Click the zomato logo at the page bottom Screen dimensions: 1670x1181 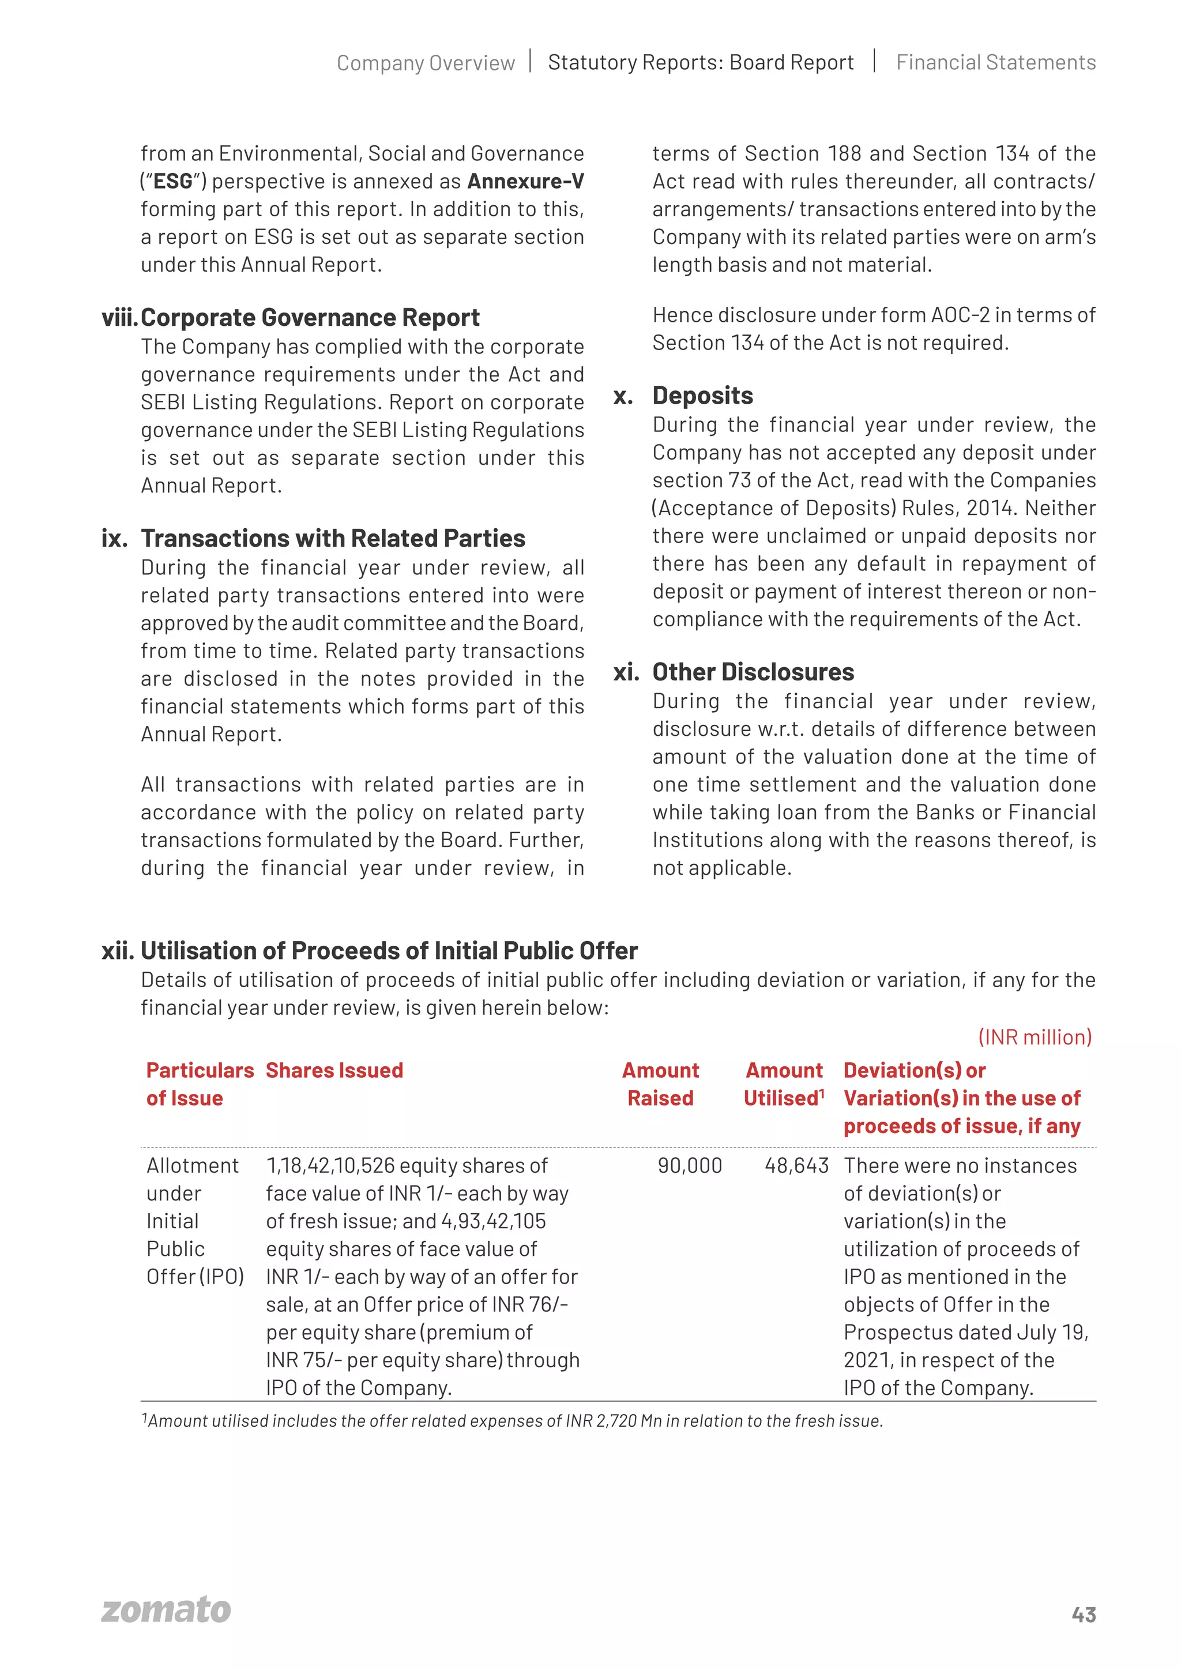pyautogui.click(x=166, y=1611)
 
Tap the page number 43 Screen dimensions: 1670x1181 pyautogui.click(x=1084, y=1615)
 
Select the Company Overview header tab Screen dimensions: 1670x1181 pyautogui.click(x=426, y=63)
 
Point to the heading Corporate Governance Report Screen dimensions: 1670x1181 pyautogui.click(x=310, y=318)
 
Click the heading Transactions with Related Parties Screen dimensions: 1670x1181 pyautogui.click(x=333, y=538)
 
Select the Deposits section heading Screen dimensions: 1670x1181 pyautogui.click(x=702, y=396)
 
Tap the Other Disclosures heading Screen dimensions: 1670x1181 pyautogui.click(x=753, y=672)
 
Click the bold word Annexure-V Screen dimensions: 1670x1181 pyautogui.click(x=526, y=181)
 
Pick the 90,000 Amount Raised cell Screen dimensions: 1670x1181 pyautogui.click(x=690, y=1165)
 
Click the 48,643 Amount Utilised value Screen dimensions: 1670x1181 pyautogui.click(x=796, y=1165)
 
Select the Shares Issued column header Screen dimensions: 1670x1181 pyautogui.click(x=334, y=1071)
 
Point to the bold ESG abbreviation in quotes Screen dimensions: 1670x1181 pyautogui.click(x=173, y=181)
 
